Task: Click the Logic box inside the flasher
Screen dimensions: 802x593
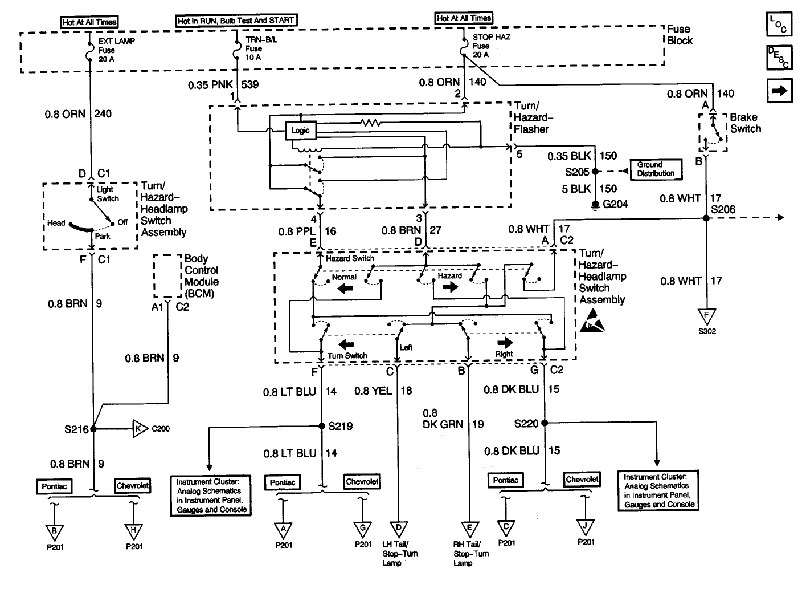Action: [x=301, y=131]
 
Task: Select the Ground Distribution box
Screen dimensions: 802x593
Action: [x=656, y=169]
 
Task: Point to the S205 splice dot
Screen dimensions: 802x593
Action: [x=595, y=172]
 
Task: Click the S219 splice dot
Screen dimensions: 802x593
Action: [x=322, y=426]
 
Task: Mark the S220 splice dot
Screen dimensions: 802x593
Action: [x=545, y=423]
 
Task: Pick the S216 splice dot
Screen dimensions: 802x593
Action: [x=93, y=429]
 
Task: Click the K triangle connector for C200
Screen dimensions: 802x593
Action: [x=140, y=429]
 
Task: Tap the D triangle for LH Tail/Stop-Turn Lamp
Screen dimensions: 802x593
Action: [x=399, y=529]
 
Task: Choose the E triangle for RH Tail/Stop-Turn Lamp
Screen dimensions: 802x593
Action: [x=469, y=529]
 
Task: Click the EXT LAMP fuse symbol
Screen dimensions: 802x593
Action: [x=89, y=51]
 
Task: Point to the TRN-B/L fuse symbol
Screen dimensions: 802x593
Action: [x=237, y=50]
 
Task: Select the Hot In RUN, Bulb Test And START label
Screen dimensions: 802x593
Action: [x=236, y=21]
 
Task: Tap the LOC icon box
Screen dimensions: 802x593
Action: [x=779, y=25]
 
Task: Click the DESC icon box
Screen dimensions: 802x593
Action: [x=779, y=57]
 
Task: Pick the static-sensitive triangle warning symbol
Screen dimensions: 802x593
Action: [x=592, y=321]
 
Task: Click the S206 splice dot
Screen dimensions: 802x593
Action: [x=706, y=218]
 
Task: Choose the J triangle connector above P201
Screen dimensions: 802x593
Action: [x=585, y=527]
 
